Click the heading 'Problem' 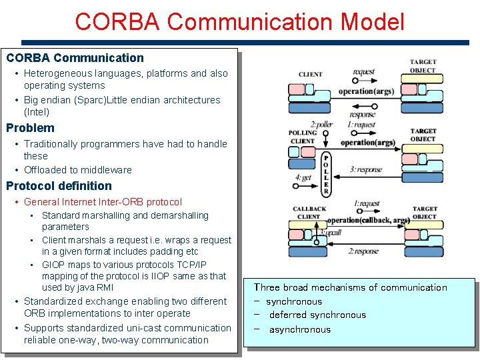[x=31, y=128]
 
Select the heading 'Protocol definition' [x=59, y=186]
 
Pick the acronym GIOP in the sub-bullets [x=53, y=265]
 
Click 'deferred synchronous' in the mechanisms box [x=317, y=315]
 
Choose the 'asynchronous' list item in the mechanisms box [x=300, y=329]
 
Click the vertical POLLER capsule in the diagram [x=325, y=173]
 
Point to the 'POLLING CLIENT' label [x=303, y=137]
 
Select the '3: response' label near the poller [x=366, y=169]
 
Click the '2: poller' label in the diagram [x=321, y=125]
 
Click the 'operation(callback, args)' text [x=368, y=221]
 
